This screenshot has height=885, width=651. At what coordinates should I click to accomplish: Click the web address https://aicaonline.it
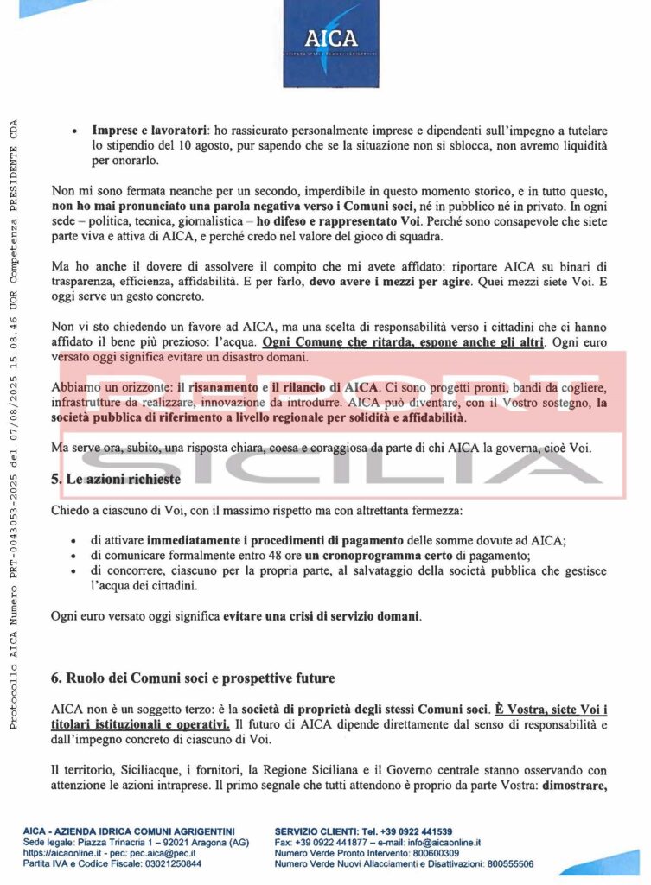pyautogui.click(x=60, y=852)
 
